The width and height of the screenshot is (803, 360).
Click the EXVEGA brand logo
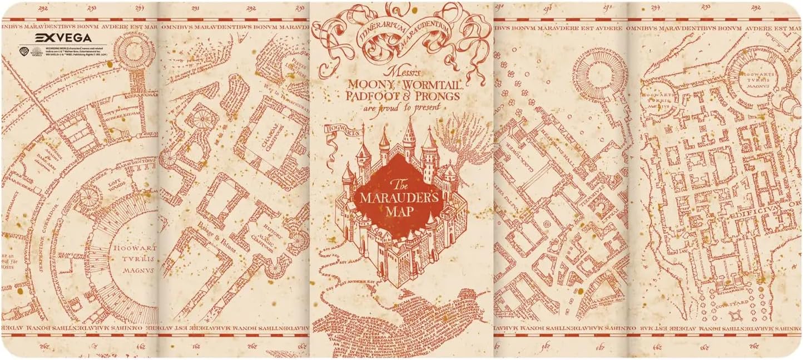(x=63, y=38)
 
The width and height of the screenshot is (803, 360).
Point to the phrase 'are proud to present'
(x=400, y=107)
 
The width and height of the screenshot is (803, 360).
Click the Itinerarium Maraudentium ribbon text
(x=398, y=33)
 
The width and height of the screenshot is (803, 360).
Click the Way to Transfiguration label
(x=291, y=95)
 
